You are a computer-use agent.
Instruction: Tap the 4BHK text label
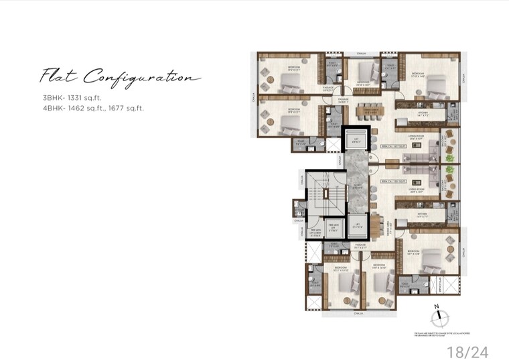point(53,107)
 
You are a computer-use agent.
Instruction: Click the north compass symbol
point(437,315)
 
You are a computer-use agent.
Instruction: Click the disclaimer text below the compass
point(439,333)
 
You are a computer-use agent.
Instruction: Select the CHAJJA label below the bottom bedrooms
point(359,312)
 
